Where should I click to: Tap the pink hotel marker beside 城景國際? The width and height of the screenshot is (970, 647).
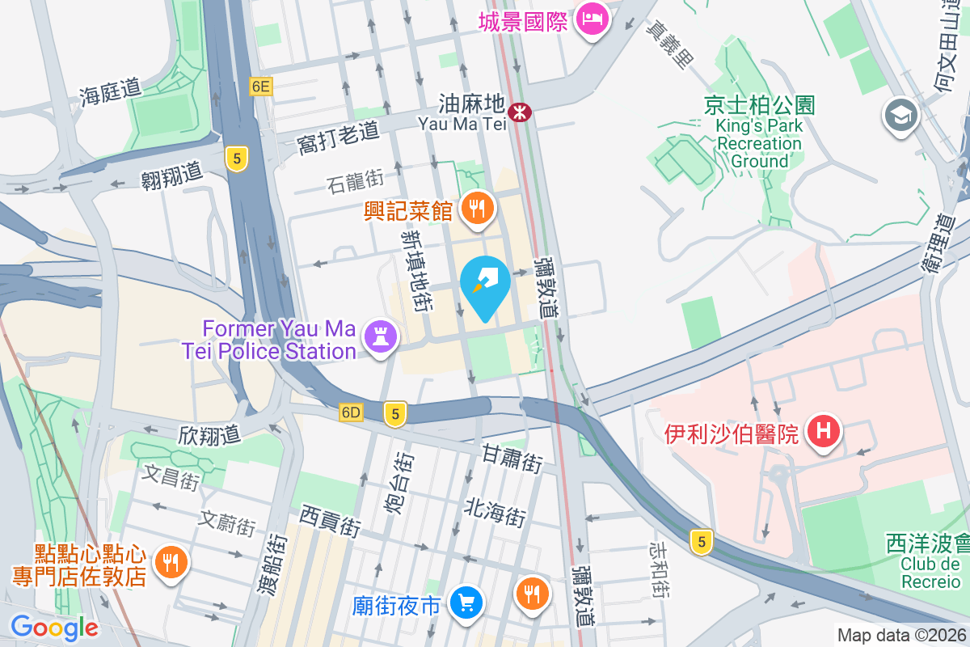pyautogui.click(x=593, y=20)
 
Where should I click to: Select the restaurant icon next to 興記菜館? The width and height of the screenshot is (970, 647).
pyautogui.click(x=478, y=209)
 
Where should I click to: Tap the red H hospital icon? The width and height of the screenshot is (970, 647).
pyautogui.click(x=823, y=431)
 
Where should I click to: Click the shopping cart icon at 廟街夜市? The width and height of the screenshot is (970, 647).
pyautogui.click(x=466, y=603)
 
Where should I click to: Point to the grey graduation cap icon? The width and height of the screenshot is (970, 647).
pyautogui.click(x=900, y=115)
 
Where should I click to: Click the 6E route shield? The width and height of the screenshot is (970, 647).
pyautogui.click(x=261, y=87)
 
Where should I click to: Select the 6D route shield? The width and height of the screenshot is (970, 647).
pyautogui.click(x=351, y=412)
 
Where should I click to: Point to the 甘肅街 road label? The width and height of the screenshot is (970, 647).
pyautogui.click(x=512, y=459)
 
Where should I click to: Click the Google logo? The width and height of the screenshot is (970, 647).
pyautogui.click(x=54, y=627)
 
